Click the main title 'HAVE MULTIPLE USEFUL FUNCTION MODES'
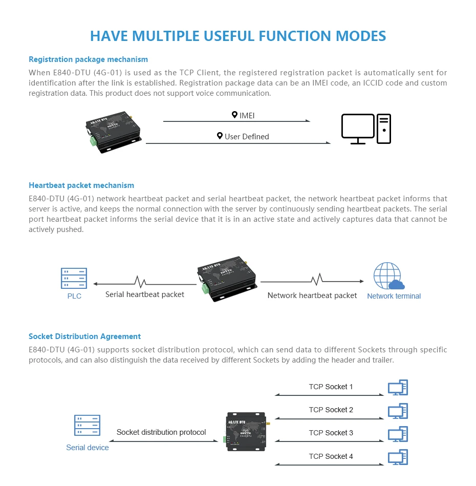pyautogui.click(x=238, y=36)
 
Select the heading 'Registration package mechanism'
pyautogui.click(x=88, y=59)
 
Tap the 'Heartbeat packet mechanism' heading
pyautogui.click(x=81, y=185)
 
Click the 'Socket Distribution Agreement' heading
pyautogui.click(x=84, y=336)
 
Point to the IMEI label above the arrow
pyautogui.click(x=243, y=115)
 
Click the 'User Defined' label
pyautogui.click(x=243, y=136)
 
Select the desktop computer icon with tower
pyautogui.click(x=366, y=129)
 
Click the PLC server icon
pyautogui.click(x=74, y=278)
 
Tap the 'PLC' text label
pyautogui.click(x=74, y=296)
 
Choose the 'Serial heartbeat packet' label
pyautogui.click(x=145, y=294)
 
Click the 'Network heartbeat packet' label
pyautogui.click(x=312, y=295)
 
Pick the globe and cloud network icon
pyautogui.click(x=388, y=277)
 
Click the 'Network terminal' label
pyautogui.click(x=394, y=296)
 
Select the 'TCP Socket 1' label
pyautogui.click(x=331, y=387)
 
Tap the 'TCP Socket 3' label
pyautogui.click(x=331, y=433)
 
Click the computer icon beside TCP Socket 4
pyautogui.click(x=398, y=457)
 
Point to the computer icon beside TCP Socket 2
pyautogui.click(x=398, y=411)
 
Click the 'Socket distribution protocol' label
pyautogui.click(x=161, y=432)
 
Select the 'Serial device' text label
pyautogui.click(x=88, y=448)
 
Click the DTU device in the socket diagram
pyautogui.click(x=246, y=431)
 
